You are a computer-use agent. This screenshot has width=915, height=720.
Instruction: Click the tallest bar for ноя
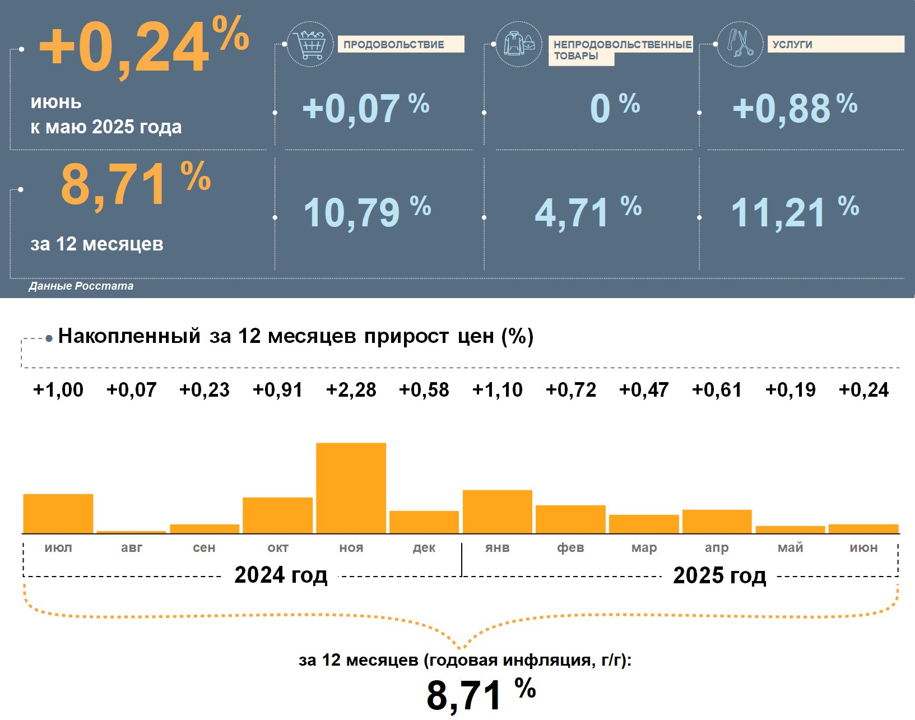[x=351, y=487]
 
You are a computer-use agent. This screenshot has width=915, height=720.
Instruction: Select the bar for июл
[x=58, y=513]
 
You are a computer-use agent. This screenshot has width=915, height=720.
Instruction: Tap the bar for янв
[x=498, y=512]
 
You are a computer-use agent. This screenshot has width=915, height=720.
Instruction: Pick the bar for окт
[x=278, y=515]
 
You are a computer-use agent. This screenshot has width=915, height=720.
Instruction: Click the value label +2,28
[x=351, y=390]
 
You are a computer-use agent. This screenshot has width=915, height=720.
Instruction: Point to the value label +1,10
[x=498, y=390]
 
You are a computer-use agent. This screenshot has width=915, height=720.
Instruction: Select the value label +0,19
[x=791, y=390]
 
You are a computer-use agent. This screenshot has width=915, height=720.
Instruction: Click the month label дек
[x=424, y=548]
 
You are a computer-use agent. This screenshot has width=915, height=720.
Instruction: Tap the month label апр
[x=717, y=548]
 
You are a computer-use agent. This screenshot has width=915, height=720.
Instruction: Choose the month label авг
[x=132, y=548]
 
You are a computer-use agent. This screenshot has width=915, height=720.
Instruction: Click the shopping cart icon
[x=310, y=44]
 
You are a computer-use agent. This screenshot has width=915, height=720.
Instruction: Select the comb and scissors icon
[x=740, y=44]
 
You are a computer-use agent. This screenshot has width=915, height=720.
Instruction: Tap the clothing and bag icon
[x=519, y=44]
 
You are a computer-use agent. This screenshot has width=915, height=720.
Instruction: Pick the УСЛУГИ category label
[x=792, y=45]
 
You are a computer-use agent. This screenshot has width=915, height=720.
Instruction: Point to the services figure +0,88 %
[x=795, y=108]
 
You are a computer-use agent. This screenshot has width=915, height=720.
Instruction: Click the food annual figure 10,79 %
[x=367, y=212]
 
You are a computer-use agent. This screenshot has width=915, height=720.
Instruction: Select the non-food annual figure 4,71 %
[x=588, y=212]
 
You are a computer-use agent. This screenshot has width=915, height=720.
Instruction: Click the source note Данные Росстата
[x=81, y=286]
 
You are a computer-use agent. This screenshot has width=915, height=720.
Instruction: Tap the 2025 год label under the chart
[x=719, y=575]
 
